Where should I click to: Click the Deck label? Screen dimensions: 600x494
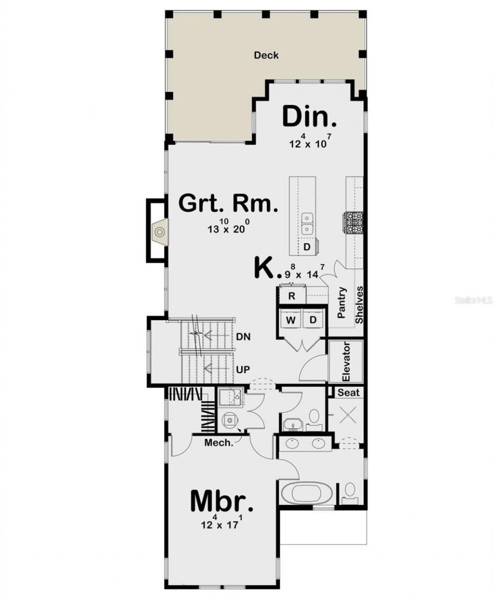(x=266, y=55)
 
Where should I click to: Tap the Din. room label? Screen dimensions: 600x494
(x=309, y=117)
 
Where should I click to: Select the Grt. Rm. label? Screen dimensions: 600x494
(x=228, y=204)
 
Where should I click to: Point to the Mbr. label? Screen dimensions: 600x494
(x=221, y=501)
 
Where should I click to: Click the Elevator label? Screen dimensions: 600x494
(x=345, y=362)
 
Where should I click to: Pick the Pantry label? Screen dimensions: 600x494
(x=342, y=303)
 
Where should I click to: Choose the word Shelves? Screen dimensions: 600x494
(x=359, y=305)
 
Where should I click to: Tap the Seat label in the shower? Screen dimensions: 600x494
(x=348, y=393)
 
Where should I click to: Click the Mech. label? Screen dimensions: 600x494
(x=219, y=442)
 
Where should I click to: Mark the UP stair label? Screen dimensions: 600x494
(x=244, y=370)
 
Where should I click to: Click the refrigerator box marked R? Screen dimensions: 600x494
(x=291, y=296)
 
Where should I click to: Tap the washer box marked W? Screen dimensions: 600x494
(x=291, y=320)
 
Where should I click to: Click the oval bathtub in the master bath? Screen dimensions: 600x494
(x=303, y=493)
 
